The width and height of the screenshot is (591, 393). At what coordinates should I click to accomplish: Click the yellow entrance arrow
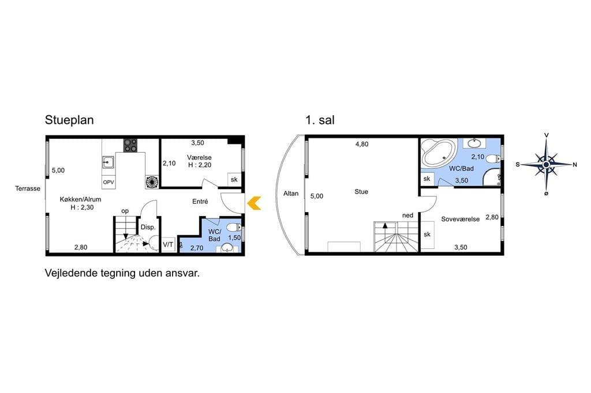(254, 203)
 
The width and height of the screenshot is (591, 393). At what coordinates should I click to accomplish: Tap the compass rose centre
(546, 164)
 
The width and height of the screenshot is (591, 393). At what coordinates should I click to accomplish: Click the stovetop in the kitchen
(130, 146)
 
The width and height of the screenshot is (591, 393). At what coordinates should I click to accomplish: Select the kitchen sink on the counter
(108, 163)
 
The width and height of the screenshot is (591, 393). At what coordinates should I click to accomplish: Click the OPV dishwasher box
(109, 182)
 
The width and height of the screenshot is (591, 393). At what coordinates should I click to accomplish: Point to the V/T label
(168, 245)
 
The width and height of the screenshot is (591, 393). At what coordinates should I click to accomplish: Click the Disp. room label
(148, 228)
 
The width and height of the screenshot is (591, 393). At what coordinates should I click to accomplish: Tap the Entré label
(200, 201)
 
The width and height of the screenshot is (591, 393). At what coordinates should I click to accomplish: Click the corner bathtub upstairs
(437, 153)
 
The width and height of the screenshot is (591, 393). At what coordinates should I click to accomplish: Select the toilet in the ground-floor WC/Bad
(234, 228)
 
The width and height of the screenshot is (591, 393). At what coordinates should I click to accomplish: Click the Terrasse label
(28, 188)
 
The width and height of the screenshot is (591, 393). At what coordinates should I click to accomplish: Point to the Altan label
(291, 194)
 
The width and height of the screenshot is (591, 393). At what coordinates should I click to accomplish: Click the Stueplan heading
(69, 120)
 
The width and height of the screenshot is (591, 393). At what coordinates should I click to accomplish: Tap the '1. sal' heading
(320, 120)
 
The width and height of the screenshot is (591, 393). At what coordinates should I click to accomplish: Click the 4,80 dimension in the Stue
(362, 144)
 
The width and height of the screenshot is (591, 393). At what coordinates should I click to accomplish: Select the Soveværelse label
(460, 219)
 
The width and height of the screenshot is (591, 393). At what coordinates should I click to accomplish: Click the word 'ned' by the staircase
(407, 216)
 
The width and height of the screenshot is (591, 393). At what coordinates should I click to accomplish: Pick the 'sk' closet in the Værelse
(234, 180)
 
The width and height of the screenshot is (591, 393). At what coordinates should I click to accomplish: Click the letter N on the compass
(575, 164)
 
